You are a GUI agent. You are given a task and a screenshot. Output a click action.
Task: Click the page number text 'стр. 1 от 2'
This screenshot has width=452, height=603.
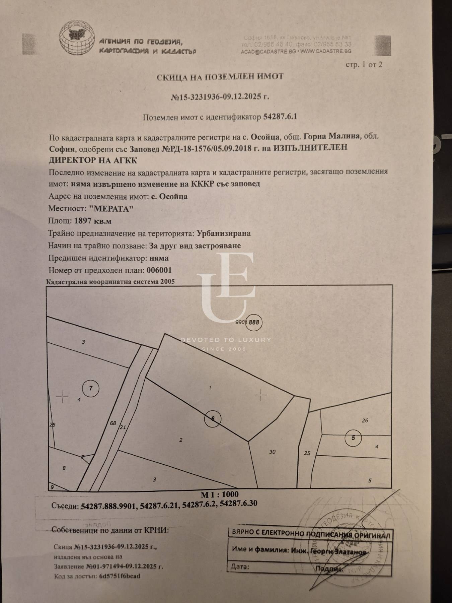point(364,65)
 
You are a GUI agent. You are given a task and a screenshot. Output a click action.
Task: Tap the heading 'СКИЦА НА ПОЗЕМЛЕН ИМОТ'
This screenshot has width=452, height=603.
point(220,77)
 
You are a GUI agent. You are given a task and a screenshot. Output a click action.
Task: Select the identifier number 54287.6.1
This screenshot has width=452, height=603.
point(280,117)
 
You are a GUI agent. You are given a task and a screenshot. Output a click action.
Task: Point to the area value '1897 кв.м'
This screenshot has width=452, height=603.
point(93,221)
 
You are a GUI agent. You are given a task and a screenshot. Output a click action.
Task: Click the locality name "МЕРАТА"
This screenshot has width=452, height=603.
point(111,209)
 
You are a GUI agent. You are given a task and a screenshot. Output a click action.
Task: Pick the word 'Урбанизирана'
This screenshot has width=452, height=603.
point(224,233)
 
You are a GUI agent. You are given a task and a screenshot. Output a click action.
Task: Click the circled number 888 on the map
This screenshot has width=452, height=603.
point(254,322)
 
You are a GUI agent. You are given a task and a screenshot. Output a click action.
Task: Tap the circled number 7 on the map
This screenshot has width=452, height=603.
point(91,389)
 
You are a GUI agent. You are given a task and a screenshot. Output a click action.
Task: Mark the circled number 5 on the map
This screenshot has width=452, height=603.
point(353,438)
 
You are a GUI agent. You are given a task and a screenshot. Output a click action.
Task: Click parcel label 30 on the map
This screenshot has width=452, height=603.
point(272,452)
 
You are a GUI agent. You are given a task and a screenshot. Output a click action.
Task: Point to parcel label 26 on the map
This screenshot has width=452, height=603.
point(365,420)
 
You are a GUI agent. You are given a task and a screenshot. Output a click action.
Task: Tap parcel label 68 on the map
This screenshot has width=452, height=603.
point(113,423)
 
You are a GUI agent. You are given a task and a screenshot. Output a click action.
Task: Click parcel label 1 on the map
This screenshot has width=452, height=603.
point(210,388)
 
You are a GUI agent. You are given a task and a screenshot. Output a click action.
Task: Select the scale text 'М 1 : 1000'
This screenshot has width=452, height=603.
point(220,494)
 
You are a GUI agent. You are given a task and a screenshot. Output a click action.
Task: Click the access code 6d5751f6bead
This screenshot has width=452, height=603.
point(120,576)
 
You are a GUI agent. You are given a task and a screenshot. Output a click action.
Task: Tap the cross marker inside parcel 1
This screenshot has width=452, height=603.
point(260,396)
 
